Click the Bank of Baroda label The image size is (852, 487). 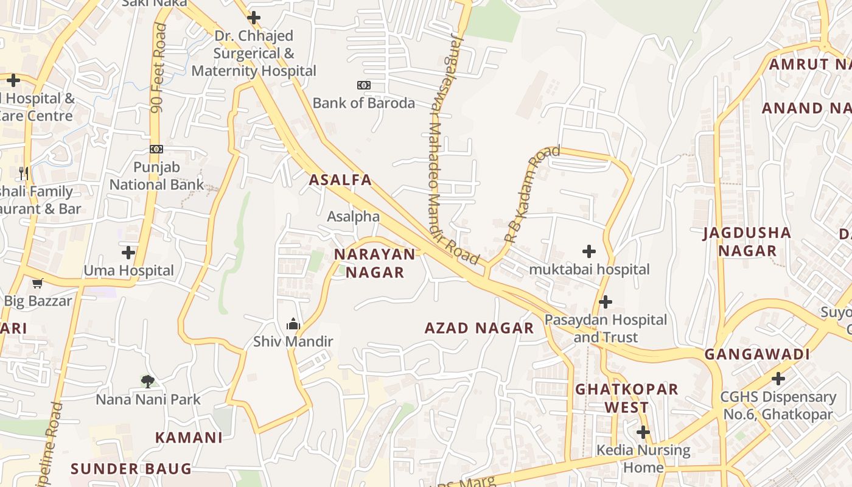363,103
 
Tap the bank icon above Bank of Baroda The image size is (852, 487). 363,85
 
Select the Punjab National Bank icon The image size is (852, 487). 156,149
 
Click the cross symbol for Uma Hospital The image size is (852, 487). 128,253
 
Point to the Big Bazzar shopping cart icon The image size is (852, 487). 38,283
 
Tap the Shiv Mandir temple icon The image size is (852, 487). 293,324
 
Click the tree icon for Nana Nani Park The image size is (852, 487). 147,382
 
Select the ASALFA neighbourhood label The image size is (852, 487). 340,180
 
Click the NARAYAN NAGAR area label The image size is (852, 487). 375,263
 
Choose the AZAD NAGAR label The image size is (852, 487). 479,328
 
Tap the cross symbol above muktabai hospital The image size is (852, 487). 589,251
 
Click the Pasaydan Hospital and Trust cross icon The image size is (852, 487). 606,302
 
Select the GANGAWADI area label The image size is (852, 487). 757,354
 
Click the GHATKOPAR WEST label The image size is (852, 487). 626,398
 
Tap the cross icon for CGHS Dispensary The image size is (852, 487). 778,379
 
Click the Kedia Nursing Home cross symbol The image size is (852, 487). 643,433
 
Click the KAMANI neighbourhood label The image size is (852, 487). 189,438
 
